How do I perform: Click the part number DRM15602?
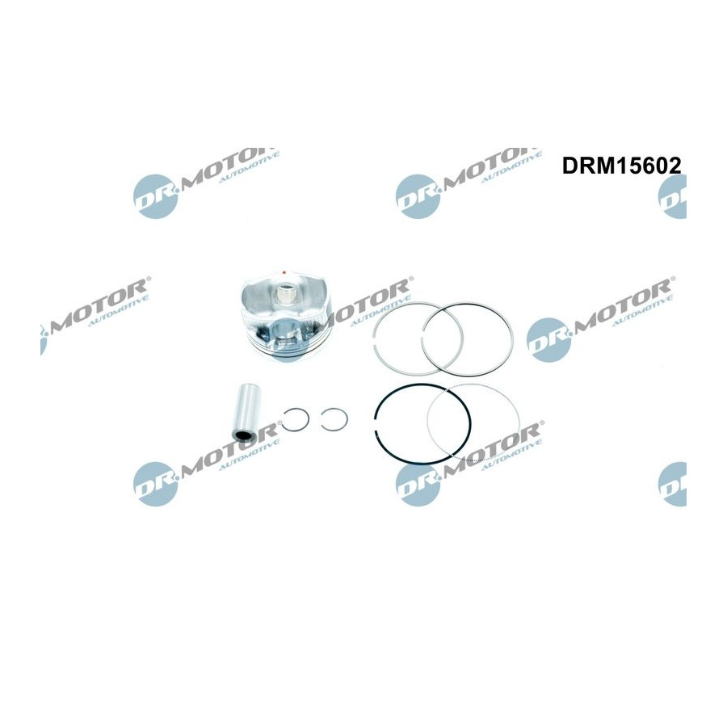pyautogui.click(x=622, y=165)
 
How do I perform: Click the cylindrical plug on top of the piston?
pyautogui.click(x=284, y=296)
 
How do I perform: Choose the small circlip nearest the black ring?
pyautogui.click(x=334, y=420)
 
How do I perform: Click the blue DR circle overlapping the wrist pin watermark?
pyautogui.click(x=156, y=484)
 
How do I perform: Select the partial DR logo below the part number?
pyautogui.click(x=672, y=196)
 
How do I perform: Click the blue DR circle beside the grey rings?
pyautogui.click(x=549, y=338)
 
